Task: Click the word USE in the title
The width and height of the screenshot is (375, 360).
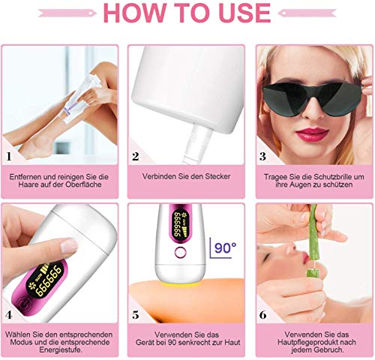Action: click(244, 13)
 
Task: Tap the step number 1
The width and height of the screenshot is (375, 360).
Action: click(9, 157)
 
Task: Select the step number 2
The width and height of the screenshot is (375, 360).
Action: click(136, 157)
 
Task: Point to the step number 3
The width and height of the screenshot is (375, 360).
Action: click(262, 157)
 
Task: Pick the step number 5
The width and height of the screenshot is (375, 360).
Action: click(136, 315)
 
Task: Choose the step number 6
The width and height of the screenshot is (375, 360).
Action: click(262, 315)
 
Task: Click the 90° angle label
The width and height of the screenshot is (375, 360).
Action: click(225, 247)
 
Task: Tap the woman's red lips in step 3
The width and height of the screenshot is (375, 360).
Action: click(312, 134)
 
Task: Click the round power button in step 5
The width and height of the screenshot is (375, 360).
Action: click(181, 252)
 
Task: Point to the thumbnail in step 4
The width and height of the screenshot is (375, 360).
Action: click(69, 245)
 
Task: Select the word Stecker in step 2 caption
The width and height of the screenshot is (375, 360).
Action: click(217, 176)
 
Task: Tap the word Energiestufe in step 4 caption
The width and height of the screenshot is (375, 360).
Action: click(60, 349)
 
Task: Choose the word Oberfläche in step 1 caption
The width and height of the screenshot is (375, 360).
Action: click(83, 184)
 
